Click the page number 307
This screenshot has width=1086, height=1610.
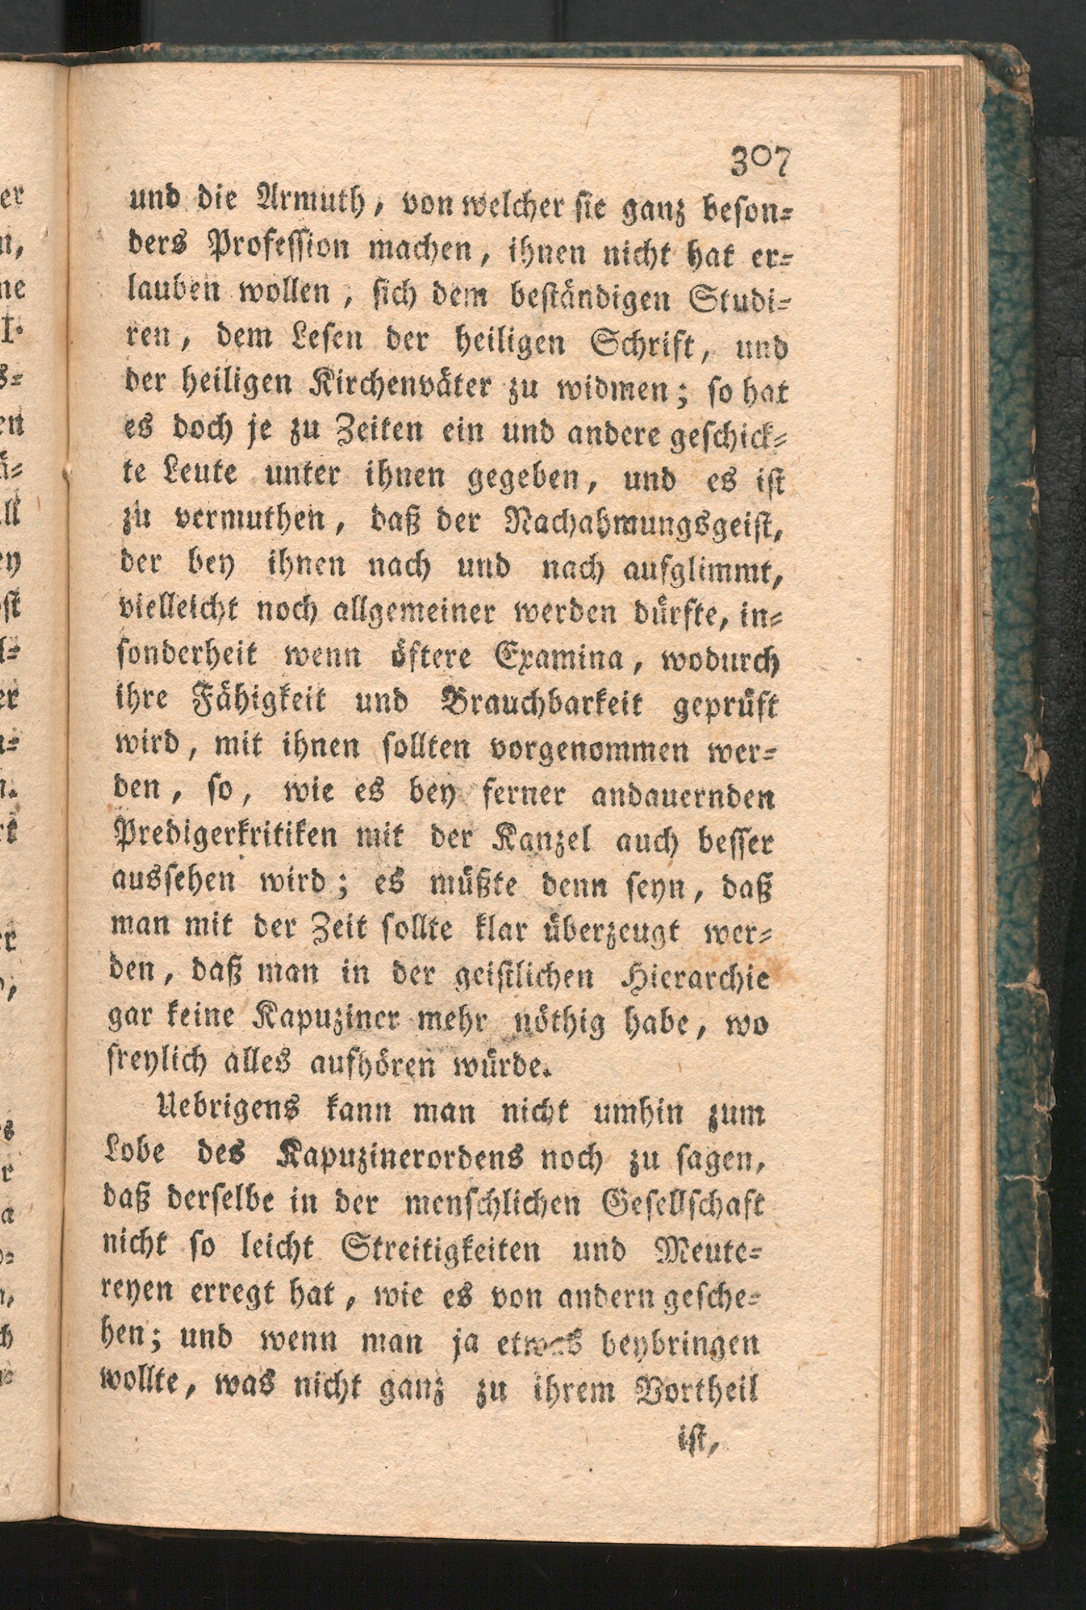coord(760,164)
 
